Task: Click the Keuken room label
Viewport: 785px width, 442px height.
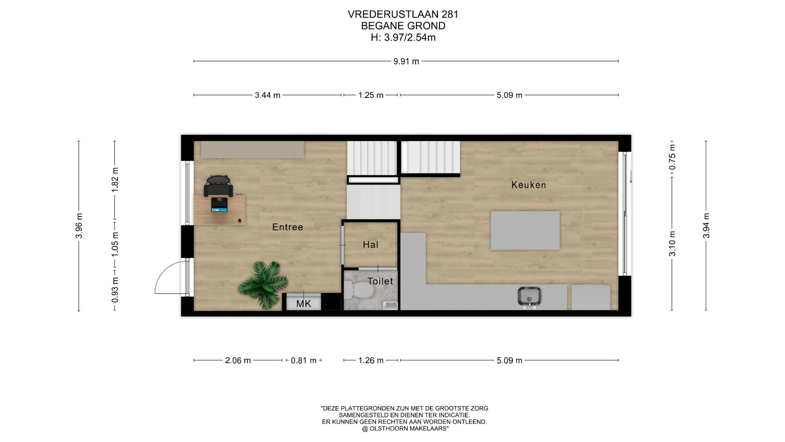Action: [x=529, y=185]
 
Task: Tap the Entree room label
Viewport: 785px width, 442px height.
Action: [x=288, y=227]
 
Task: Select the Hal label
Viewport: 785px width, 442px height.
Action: [x=370, y=245]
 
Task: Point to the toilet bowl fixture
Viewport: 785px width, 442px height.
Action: [x=359, y=291]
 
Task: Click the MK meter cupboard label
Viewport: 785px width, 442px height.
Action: [x=303, y=304]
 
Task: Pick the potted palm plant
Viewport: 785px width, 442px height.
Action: [x=263, y=284]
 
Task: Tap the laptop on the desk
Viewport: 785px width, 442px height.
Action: [x=219, y=205]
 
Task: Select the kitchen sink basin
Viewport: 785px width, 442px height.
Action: [x=530, y=296]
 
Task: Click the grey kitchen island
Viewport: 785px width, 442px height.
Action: [x=525, y=230]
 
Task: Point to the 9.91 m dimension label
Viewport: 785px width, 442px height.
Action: [x=406, y=61]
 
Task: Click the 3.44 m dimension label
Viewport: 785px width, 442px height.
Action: [x=267, y=95]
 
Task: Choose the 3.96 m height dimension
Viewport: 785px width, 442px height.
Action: [x=79, y=226]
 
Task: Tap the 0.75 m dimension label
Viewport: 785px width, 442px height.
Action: [x=672, y=157]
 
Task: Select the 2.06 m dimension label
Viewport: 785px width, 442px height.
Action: [x=238, y=361]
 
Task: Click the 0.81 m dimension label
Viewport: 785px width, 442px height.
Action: [x=303, y=361]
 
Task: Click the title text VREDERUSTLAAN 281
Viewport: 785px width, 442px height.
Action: [x=403, y=14]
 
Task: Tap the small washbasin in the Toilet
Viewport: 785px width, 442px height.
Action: [x=390, y=305]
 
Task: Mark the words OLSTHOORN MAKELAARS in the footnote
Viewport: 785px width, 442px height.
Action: [x=409, y=428]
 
